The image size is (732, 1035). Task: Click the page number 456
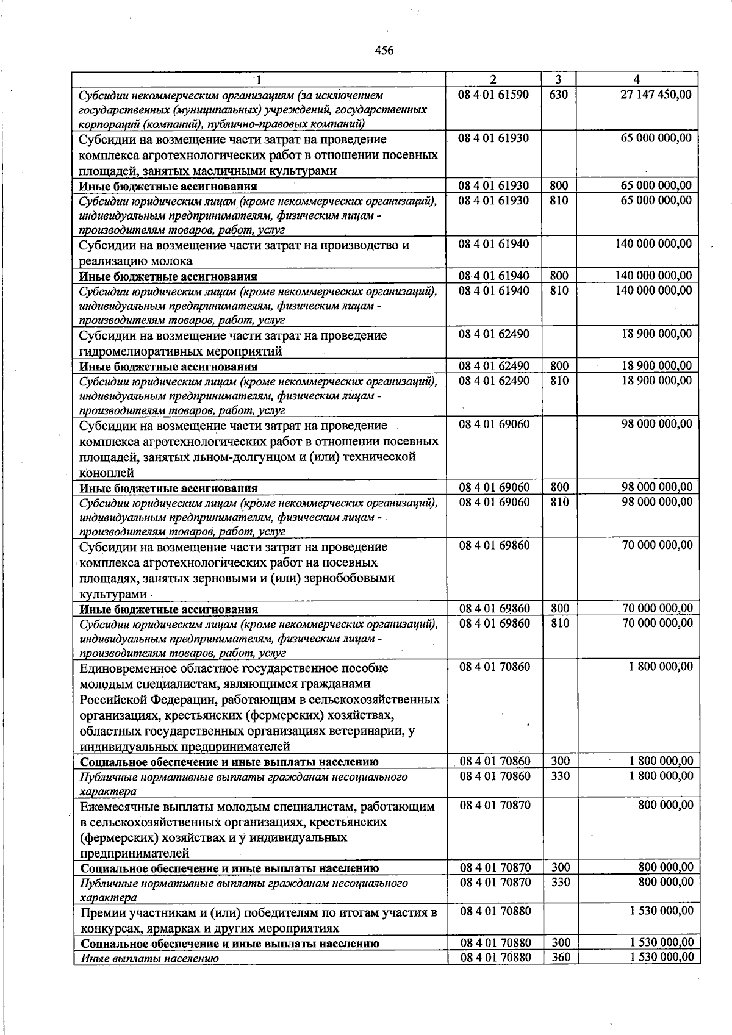click(x=384, y=51)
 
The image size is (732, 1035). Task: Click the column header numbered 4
click(x=637, y=79)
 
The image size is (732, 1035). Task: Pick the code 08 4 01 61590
click(x=493, y=95)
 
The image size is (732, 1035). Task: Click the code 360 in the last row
click(x=560, y=958)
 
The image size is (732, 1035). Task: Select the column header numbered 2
click(x=493, y=79)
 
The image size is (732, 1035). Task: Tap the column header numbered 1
click(x=259, y=79)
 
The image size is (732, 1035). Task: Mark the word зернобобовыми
click(x=352, y=578)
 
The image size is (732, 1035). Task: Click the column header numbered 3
click(x=558, y=79)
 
